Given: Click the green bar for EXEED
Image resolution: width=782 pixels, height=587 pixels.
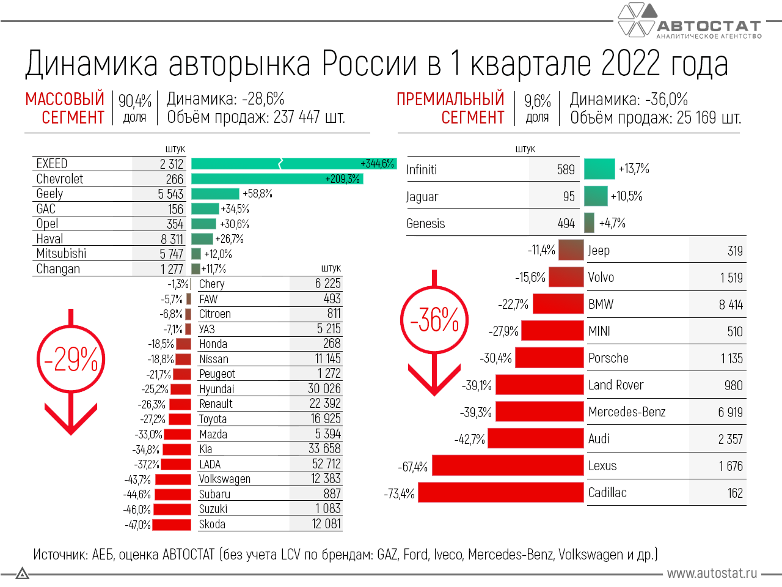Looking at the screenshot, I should click(x=293, y=164).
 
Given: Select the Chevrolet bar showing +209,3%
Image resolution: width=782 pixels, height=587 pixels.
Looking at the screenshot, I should click(x=277, y=179).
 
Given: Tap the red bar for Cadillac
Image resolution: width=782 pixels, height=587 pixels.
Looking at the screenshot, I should click(x=500, y=493).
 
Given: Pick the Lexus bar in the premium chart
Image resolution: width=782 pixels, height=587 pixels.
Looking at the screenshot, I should click(x=508, y=466).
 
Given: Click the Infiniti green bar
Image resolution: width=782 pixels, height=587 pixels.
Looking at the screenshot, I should click(x=599, y=169).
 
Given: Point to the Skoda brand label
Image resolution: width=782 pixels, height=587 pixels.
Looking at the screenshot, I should click(x=212, y=525).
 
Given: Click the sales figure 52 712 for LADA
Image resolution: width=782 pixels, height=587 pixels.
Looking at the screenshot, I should click(x=326, y=464).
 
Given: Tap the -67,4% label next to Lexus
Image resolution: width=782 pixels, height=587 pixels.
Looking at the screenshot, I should click(x=413, y=467).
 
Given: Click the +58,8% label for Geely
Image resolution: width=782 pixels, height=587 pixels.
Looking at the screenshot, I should click(x=257, y=194).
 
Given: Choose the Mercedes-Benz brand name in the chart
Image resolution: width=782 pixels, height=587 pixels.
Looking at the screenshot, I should click(x=627, y=412).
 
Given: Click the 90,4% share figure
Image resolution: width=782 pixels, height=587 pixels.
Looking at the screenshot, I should click(x=135, y=100).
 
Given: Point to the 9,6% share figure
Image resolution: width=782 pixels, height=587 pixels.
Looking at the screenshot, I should click(x=538, y=100).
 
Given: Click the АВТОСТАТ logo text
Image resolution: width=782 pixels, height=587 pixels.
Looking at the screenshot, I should click(x=709, y=26).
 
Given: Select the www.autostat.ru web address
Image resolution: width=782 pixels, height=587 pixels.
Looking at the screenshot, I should click(x=712, y=574).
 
